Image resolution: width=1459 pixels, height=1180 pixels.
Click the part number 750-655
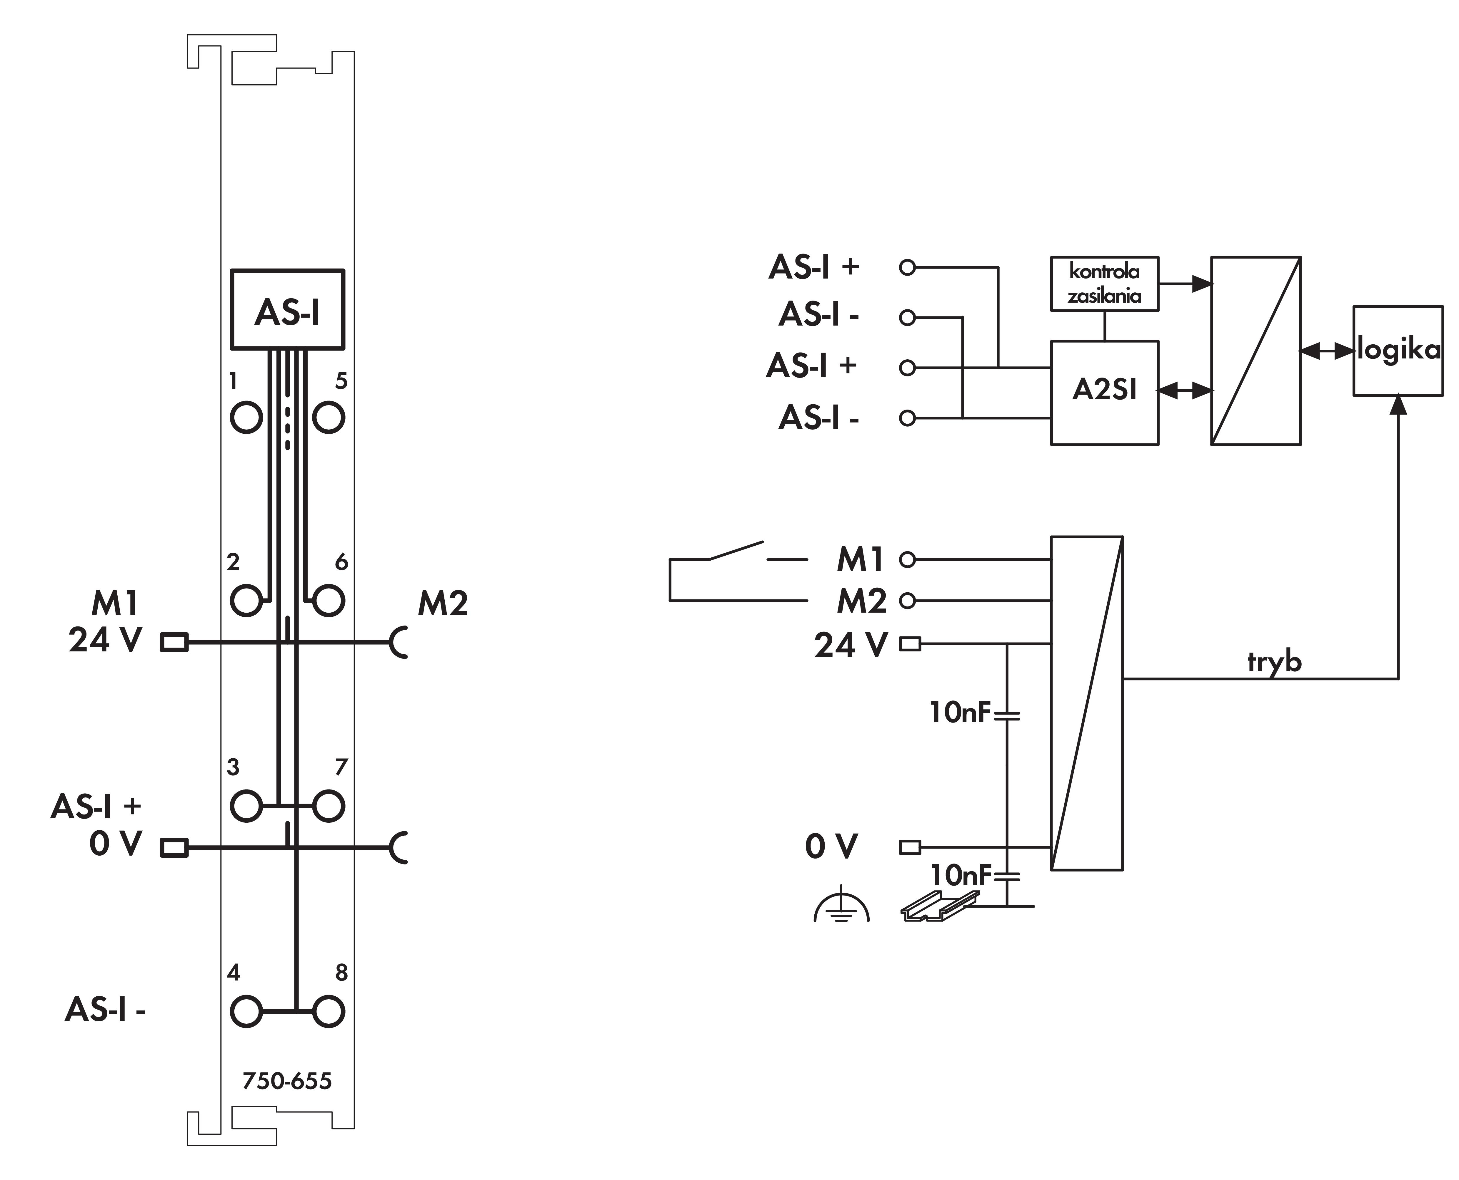(x=287, y=1081)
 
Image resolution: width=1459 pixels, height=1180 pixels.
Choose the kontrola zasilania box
(x=1105, y=284)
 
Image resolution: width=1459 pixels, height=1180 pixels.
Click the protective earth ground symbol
(x=841, y=905)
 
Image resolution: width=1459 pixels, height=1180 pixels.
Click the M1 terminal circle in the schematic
(x=907, y=559)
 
